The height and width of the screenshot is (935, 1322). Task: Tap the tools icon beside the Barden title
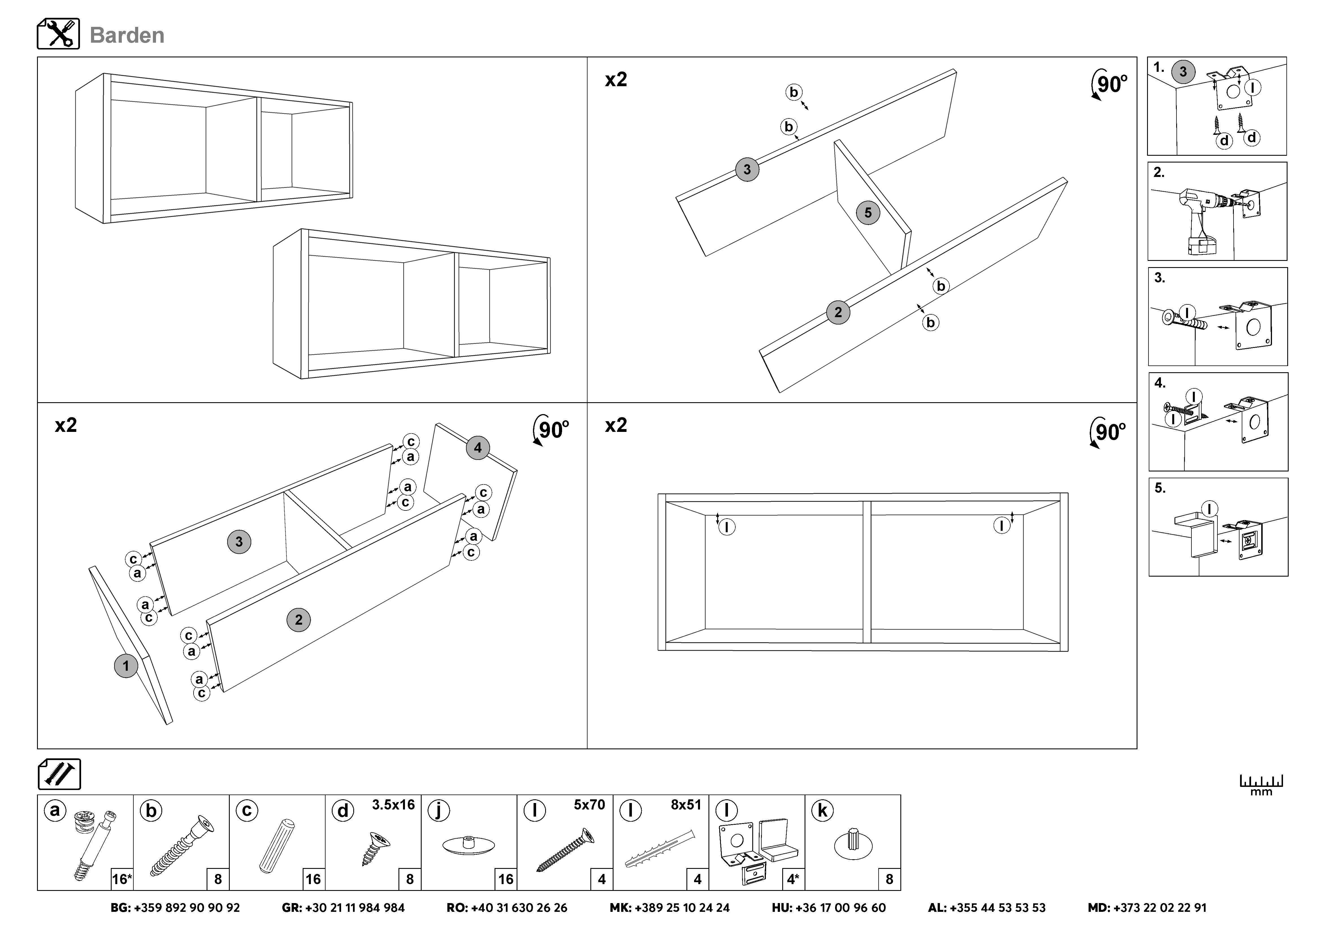[x=58, y=34]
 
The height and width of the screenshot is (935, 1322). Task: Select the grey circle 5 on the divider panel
[x=868, y=213]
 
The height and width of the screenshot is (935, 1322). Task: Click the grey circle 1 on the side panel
[x=126, y=666]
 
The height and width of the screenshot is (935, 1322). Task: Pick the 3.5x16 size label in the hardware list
[x=393, y=805]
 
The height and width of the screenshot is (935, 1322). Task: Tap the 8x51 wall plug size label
[x=686, y=805]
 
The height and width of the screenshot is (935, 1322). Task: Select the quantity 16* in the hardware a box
[x=122, y=879]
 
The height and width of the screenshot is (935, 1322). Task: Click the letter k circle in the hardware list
[x=822, y=811]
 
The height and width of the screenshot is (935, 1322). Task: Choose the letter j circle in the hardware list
[x=438, y=811]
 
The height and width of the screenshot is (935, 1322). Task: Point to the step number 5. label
[x=1160, y=488]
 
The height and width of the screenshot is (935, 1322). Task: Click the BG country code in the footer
[x=120, y=908]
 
